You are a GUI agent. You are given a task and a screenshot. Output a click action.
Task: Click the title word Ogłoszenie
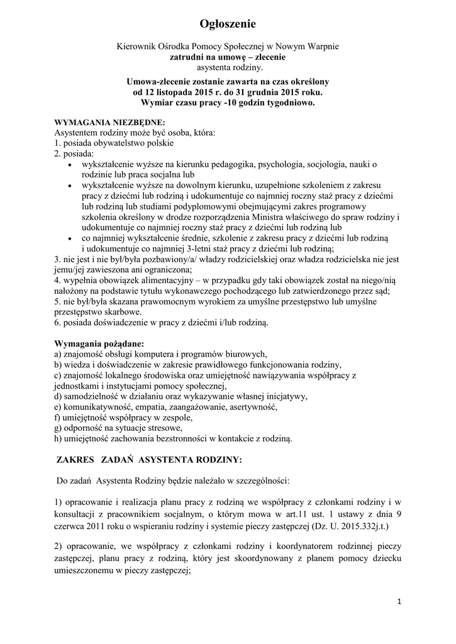coord(228,24)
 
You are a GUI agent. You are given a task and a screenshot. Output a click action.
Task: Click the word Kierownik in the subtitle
coord(138,47)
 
